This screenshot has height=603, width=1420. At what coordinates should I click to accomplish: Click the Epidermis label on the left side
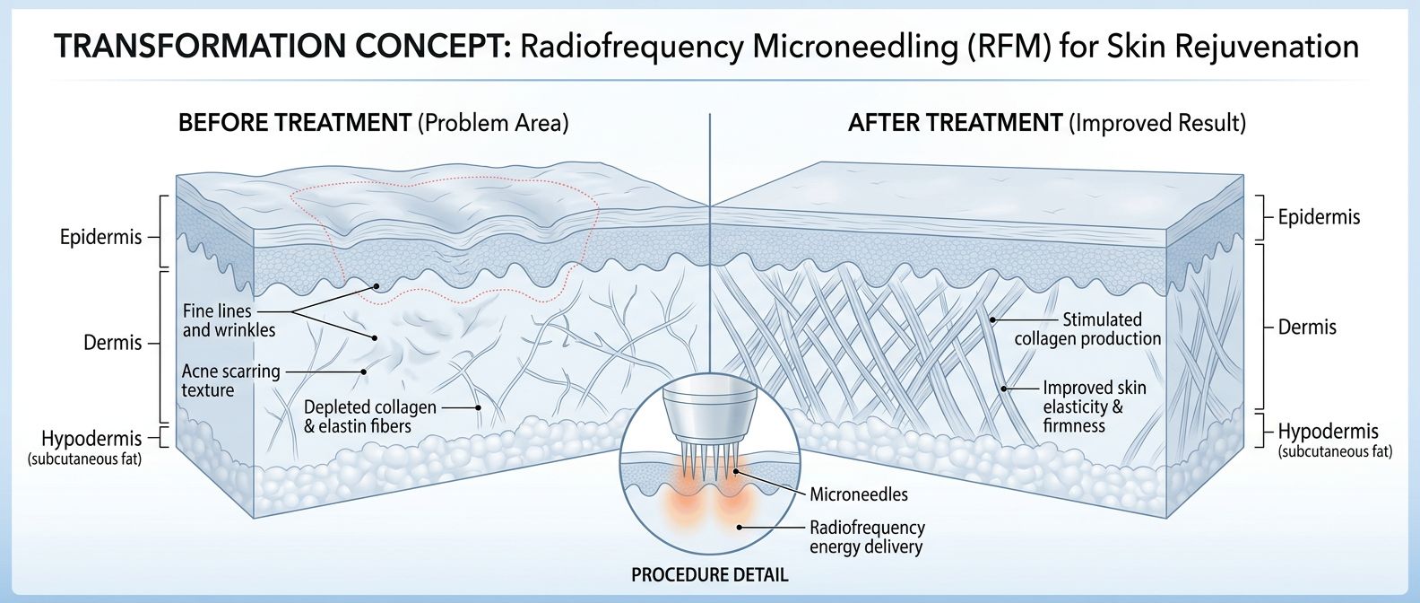coord(100,238)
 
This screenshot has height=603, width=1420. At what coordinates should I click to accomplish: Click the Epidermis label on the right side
coord(1319,217)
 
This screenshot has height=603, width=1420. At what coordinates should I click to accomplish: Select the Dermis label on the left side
coord(113,343)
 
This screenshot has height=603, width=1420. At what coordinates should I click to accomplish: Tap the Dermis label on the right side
coord(1307,328)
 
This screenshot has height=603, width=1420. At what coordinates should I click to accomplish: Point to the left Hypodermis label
coord(91,439)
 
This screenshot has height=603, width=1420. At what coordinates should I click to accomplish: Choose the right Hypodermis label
coord(1328,432)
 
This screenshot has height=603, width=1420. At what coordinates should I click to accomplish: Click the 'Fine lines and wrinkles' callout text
coord(229,320)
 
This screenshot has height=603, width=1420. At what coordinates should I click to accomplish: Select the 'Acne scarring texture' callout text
coord(230,380)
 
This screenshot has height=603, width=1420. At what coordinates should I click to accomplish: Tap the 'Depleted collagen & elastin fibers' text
coord(369,416)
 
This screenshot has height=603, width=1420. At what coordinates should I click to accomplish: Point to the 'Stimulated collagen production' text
coord(1088,329)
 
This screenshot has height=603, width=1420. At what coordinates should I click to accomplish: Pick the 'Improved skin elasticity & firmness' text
coord(1094,406)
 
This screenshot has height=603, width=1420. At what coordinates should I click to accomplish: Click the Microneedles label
coord(858,494)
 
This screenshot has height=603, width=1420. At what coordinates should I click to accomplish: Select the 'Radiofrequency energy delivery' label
coord(866,537)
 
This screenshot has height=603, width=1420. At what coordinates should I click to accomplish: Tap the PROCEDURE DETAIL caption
coord(709,575)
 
